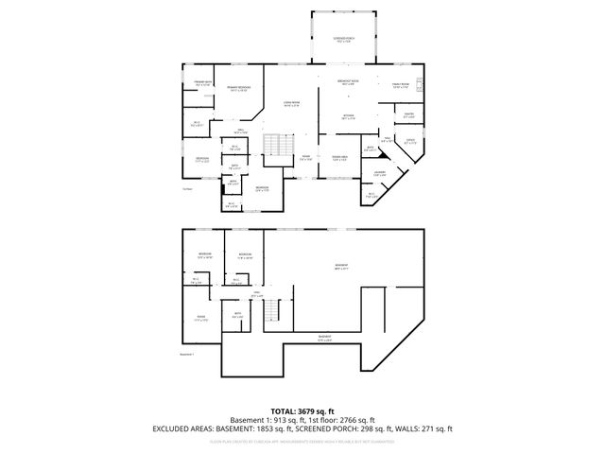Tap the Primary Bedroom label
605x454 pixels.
click(x=237, y=89)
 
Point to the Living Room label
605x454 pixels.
click(x=291, y=104)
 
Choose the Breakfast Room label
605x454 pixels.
click(x=348, y=83)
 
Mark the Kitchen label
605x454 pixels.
click(x=348, y=117)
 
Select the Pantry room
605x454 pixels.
click(x=410, y=115)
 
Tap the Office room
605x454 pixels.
click(x=410, y=142)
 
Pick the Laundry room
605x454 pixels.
click(x=378, y=173)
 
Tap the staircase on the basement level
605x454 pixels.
click(x=271, y=309)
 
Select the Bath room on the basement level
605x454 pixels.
click(x=238, y=316)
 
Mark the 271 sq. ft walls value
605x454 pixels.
click(x=437, y=428)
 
